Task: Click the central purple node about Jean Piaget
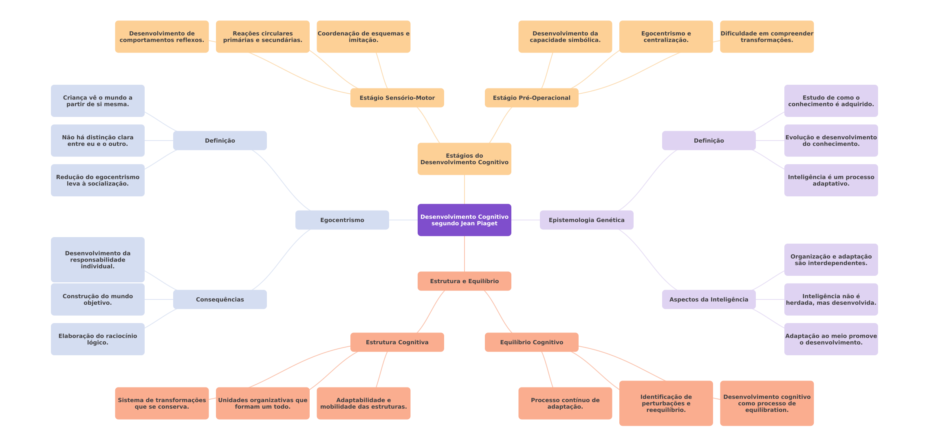pyautogui.click(x=464, y=220)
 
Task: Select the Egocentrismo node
pyautogui.click(x=342, y=220)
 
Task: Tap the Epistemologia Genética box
pyautogui.click(x=586, y=220)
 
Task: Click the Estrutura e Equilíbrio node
pyautogui.click(x=464, y=281)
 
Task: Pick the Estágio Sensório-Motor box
pyautogui.click(x=397, y=98)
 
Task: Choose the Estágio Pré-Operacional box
pyautogui.click(x=531, y=98)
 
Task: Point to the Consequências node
pyautogui.click(x=220, y=299)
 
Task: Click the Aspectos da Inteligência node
pyautogui.click(x=709, y=299)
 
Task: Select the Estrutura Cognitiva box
pyautogui.click(x=397, y=342)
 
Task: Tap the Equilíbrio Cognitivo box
pyautogui.click(x=531, y=342)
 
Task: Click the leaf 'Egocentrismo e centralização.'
pyautogui.click(x=666, y=37)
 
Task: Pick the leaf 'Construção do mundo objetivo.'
pyautogui.click(x=97, y=299)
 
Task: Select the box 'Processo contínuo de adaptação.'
pyautogui.click(x=565, y=403)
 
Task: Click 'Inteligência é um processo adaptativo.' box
pyautogui.click(x=831, y=180)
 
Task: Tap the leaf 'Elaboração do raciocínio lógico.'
pyautogui.click(x=97, y=339)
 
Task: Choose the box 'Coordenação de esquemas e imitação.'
pyautogui.click(x=363, y=37)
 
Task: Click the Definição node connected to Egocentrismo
pyautogui.click(x=220, y=141)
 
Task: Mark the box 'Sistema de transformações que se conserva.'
pyautogui.click(x=162, y=403)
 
